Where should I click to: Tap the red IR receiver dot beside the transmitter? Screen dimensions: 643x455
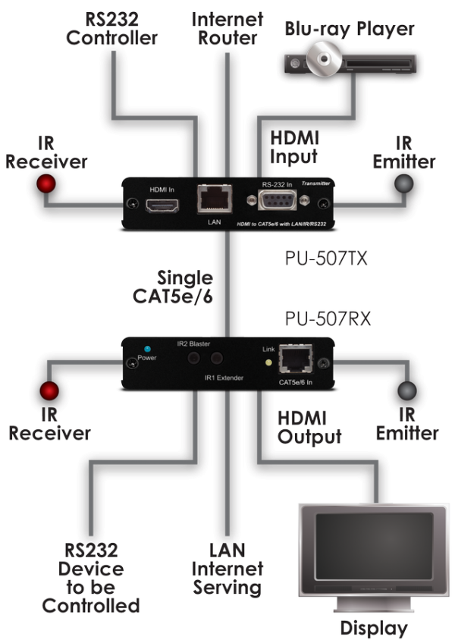47,183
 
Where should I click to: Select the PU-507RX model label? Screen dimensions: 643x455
328,318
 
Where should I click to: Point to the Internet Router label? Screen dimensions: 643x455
225,27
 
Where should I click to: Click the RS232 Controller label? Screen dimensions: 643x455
111,27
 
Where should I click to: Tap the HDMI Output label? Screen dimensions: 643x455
309,427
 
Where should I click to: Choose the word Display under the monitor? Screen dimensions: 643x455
373,628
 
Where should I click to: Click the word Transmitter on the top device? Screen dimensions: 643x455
316,182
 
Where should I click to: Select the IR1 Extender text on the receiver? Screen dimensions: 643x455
223,376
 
